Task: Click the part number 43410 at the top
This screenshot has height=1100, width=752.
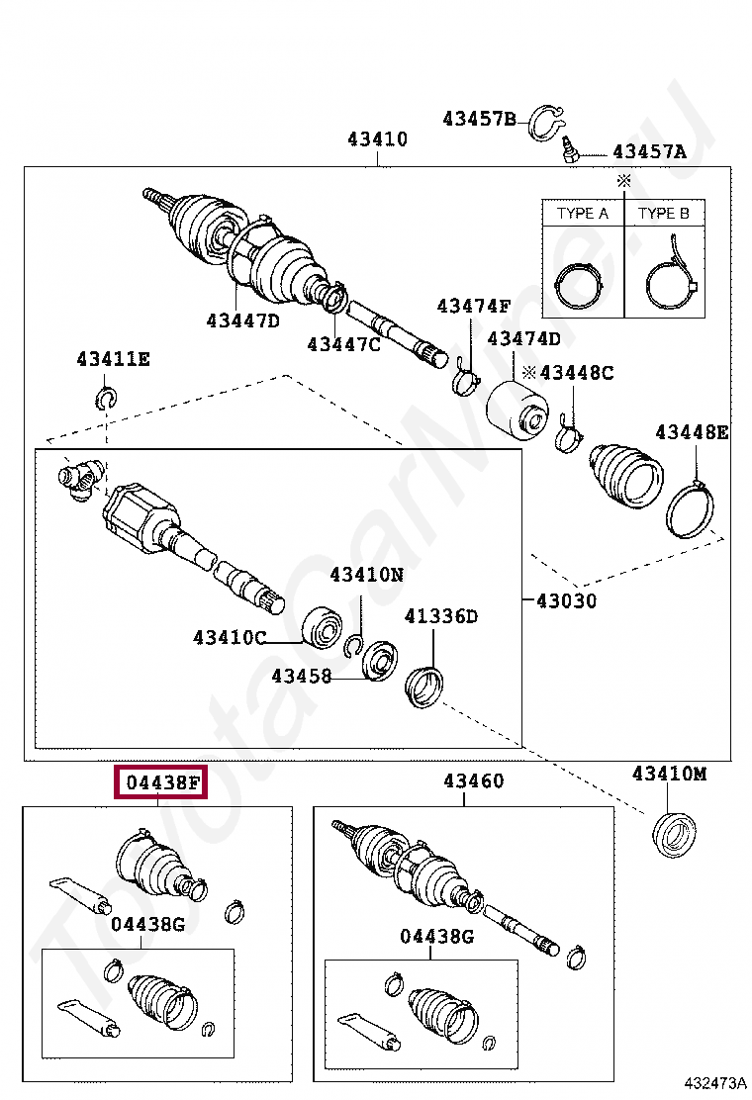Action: tap(377, 139)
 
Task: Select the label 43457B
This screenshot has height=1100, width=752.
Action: tap(479, 119)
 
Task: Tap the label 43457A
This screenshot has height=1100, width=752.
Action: tap(648, 151)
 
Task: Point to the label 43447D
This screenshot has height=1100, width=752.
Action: tap(242, 320)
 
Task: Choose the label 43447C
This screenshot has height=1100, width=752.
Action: tap(342, 344)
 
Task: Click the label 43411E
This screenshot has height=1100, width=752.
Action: tap(113, 359)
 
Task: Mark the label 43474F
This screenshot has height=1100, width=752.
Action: tap(473, 306)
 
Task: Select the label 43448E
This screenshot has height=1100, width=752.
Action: tap(692, 431)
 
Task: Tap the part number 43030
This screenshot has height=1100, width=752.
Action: tap(566, 600)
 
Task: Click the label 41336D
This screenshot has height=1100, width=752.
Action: tap(440, 617)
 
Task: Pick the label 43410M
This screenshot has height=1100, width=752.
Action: tap(669, 774)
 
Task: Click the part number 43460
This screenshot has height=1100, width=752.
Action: tap(473, 781)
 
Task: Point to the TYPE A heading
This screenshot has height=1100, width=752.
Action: tap(583, 213)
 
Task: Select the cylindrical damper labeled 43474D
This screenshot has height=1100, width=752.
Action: tap(520, 409)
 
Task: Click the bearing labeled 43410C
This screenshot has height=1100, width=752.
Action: tap(323, 625)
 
